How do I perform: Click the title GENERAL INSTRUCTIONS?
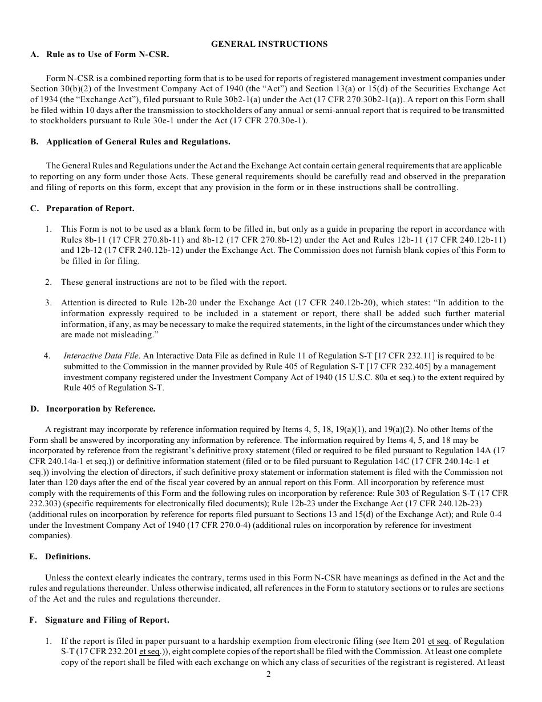point(269,44)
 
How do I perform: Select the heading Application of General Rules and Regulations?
point(138,142)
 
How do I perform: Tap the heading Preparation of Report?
point(90,208)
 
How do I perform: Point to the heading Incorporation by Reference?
point(100,409)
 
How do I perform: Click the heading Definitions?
point(68,556)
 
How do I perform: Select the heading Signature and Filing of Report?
point(107,620)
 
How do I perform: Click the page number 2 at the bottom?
point(269,674)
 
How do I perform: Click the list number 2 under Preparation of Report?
point(49,282)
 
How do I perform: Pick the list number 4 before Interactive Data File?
point(47,356)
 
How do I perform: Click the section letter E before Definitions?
point(33,556)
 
